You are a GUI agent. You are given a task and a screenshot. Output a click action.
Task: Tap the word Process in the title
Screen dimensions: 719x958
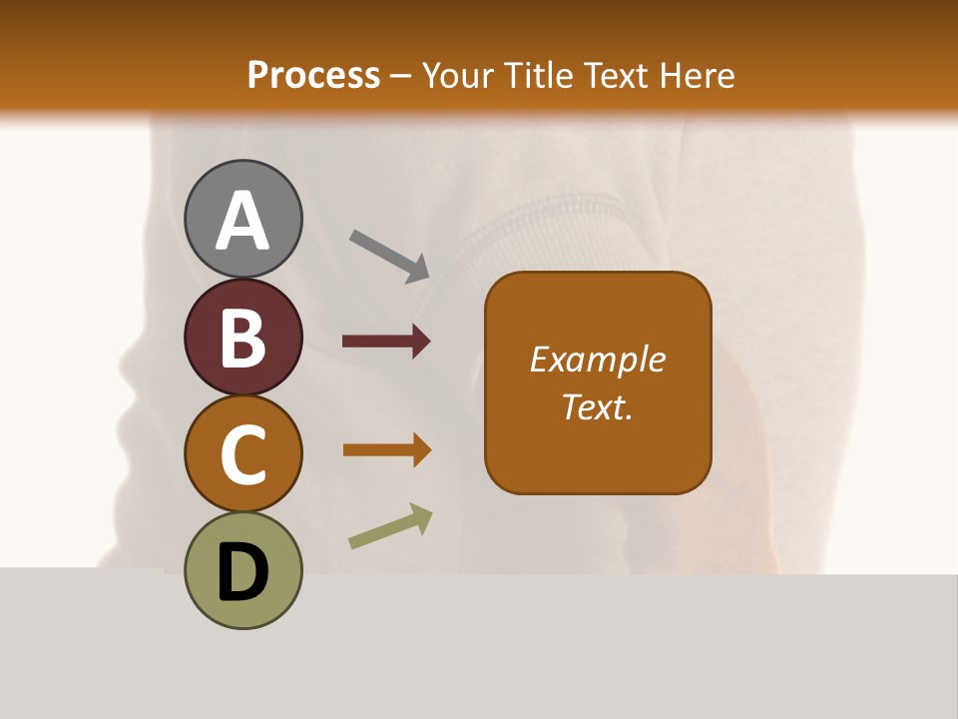tap(313, 75)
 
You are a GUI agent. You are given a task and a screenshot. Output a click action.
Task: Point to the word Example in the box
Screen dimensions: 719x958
tap(597, 359)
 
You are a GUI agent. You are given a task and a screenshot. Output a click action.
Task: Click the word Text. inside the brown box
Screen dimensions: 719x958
tap(597, 406)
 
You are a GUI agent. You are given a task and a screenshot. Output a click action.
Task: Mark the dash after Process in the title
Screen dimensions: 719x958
tap(401, 76)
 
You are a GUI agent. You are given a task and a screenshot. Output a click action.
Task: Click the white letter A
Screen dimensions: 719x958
tap(243, 220)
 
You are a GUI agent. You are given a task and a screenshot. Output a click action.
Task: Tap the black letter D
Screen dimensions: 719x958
tap(243, 573)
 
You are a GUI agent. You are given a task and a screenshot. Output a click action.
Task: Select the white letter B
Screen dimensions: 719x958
tap(243, 338)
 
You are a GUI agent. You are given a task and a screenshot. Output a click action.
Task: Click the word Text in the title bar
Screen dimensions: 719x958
tap(615, 75)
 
